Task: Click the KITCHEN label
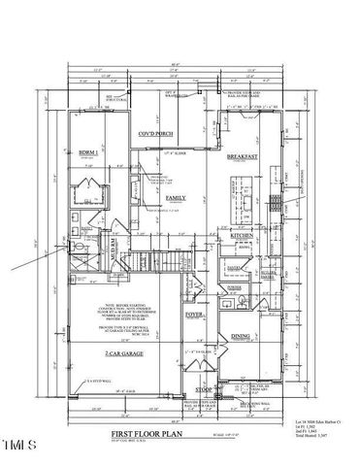[241, 236]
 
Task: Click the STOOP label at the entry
[203, 389]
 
